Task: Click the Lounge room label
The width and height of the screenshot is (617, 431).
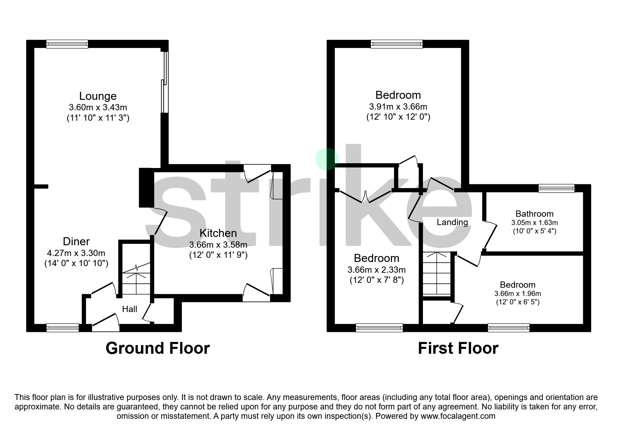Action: (x=98, y=96)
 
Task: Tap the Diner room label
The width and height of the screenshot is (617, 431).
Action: (x=76, y=241)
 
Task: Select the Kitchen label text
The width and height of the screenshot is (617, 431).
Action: (x=218, y=233)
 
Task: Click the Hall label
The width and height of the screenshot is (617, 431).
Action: (x=130, y=309)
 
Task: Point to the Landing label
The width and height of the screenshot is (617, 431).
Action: (x=452, y=222)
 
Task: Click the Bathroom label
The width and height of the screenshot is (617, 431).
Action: (x=534, y=214)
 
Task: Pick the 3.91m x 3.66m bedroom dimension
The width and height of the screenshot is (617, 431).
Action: (x=398, y=107)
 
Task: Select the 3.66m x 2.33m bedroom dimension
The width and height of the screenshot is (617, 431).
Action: (x=377, y=270)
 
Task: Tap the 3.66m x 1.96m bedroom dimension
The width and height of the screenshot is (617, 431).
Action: (x=518, y=294)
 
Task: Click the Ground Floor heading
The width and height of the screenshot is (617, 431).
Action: (x=157, y=348)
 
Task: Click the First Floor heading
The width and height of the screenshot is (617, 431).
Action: (x=458, y=348)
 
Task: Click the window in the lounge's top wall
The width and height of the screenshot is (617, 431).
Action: (x=67, y=44)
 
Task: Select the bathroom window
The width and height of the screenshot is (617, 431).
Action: (x=556, y=188)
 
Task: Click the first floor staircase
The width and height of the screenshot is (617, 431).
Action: (x=437, y=275)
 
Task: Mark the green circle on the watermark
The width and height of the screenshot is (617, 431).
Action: (x=327, y=159)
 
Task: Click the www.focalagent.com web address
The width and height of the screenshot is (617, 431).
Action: (x=458, y=416)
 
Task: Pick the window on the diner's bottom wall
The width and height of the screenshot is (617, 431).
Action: (x=63, y=327)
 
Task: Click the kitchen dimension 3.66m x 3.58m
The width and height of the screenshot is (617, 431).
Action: (x=218, y=245)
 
